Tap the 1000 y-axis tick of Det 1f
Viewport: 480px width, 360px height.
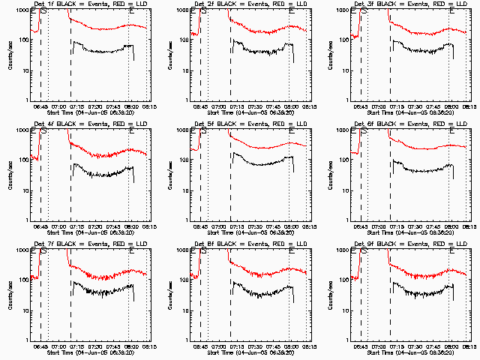click(x=22, y=10)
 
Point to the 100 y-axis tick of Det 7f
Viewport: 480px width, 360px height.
click(x=24, y=280)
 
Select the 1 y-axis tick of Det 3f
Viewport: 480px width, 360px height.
click(x=346, y=100)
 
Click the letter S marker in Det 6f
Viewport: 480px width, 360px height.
click(x=364, y=131)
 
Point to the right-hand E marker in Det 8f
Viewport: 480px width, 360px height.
click(x=292, y=251)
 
